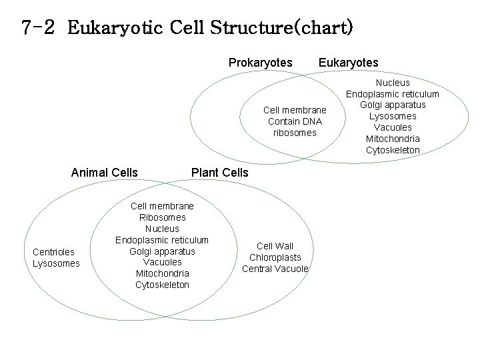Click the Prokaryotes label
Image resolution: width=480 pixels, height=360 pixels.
point(260,63)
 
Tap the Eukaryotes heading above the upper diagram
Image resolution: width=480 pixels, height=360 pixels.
point(348,63)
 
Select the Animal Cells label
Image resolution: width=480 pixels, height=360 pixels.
point(104,173)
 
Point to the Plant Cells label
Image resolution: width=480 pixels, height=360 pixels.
point(219,173)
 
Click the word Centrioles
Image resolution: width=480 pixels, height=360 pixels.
point(53,251)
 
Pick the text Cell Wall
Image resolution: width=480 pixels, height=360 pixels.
point(275,246)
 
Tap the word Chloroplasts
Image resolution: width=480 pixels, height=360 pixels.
point(275,257)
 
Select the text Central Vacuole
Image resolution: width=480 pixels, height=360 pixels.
point(275,269)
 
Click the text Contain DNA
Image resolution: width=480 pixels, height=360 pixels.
point(295,121)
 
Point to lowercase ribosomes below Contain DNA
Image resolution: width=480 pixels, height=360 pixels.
point(295,133)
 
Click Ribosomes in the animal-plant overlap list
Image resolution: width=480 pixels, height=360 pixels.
point(162,217)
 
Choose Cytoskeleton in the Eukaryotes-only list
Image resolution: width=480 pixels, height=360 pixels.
point(393,150)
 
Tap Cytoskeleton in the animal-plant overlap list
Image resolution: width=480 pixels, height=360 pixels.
point(162,285)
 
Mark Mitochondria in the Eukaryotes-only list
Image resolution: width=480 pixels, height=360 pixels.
point(393,139)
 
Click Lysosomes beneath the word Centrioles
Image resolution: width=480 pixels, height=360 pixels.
point(55,263)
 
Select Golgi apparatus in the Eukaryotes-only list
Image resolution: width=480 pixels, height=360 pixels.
point(393,105)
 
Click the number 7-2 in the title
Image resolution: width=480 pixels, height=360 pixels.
point(41,28)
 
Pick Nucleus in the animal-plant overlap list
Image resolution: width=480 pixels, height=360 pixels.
point(162,229)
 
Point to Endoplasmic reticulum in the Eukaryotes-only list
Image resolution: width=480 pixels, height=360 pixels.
point(393,94)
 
